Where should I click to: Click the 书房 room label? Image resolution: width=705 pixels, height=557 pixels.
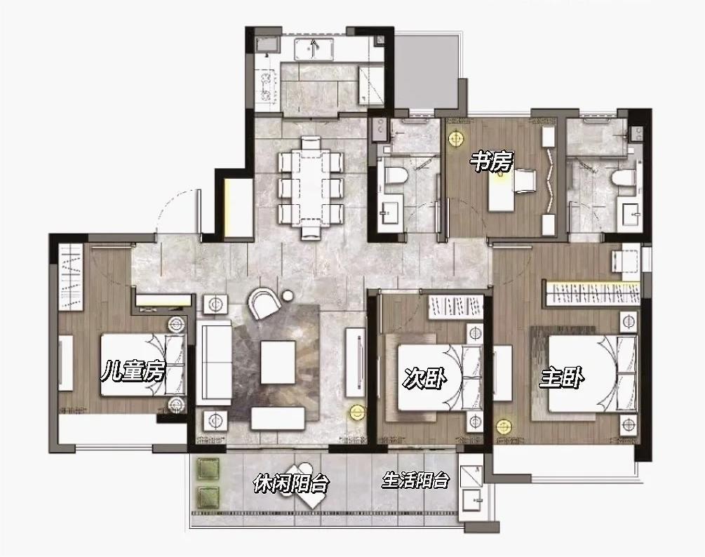tap(492, 161)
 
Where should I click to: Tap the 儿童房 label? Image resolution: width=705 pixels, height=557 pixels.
tap(133, 371)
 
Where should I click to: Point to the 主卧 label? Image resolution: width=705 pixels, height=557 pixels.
tap(562, 377)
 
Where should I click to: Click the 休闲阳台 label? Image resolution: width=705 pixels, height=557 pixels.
tap(291, 483)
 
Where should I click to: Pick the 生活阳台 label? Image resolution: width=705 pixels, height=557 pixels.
tap(415, 480)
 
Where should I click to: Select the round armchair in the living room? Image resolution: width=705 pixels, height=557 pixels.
tap(264, 303)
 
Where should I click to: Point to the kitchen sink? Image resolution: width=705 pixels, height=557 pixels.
tap(314, 48)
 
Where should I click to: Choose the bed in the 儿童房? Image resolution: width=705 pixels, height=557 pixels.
tap(143, 365)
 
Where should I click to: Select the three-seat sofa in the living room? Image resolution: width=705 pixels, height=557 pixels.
tap(215, 362)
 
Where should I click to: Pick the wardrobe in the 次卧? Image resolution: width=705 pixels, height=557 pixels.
tap(455, 307)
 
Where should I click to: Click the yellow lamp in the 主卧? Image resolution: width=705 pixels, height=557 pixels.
tap(504, 427)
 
